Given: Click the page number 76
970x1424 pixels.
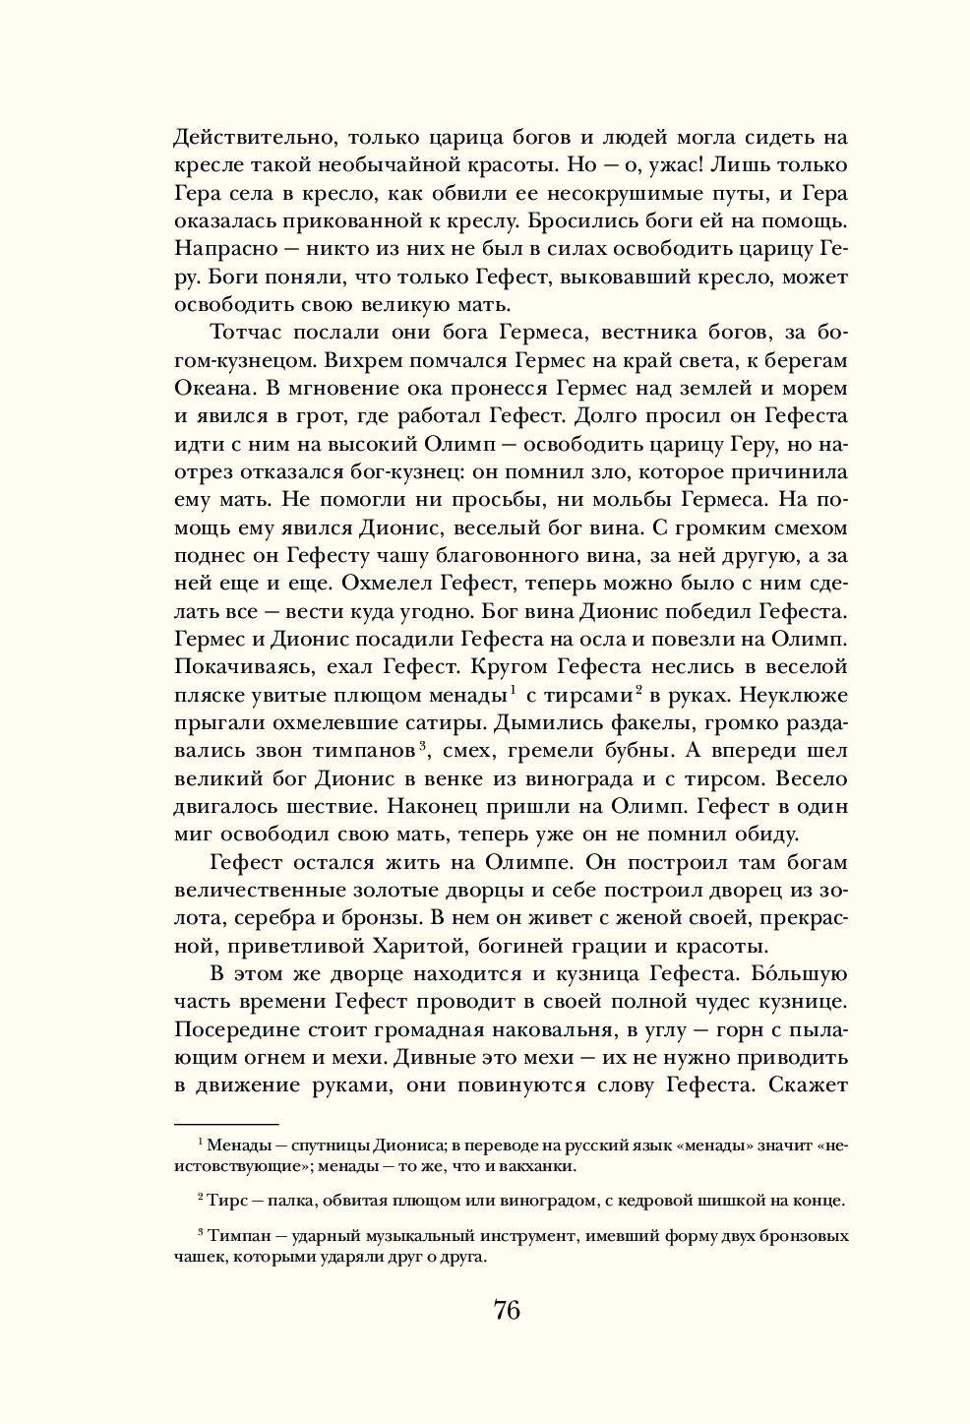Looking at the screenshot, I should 506,1310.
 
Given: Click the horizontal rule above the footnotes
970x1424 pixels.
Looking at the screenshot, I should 226,1122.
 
